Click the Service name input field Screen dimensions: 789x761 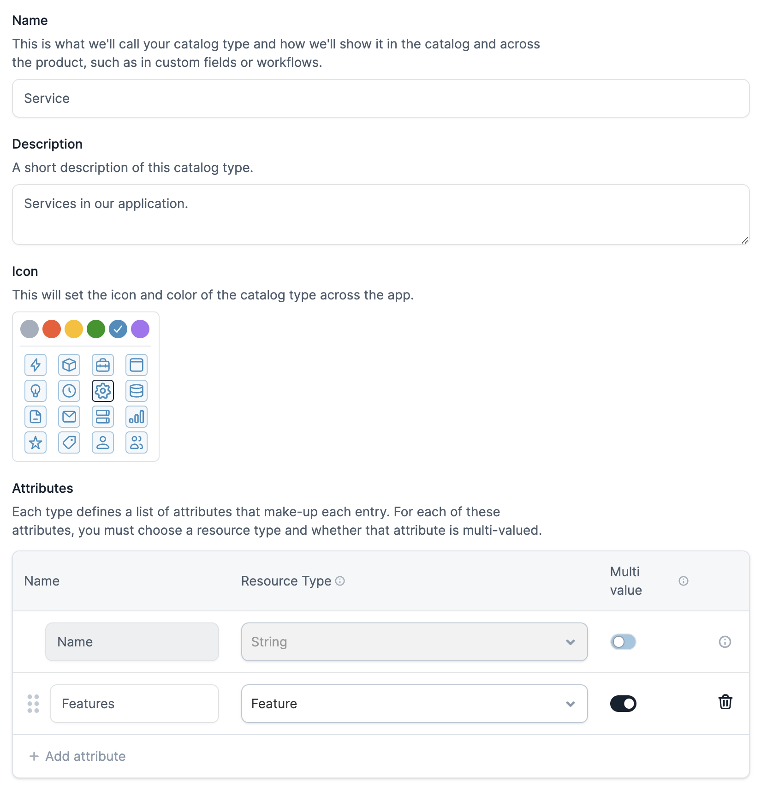pyautogui.click(x=380, y=98)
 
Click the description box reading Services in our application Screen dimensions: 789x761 pyautogui.click(x=380, y=214)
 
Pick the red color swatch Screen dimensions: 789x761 pyautogui.click(x=52, y=329)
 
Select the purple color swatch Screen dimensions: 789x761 pyautogui.click(x=140, y=329)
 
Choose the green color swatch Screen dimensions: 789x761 pyautogui.click(x=96, y=329)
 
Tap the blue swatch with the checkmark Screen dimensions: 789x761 pyautogui.click(x=118, y=329)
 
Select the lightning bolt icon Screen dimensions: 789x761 pyautogui.click(x=36, y=365)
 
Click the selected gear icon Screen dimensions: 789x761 pyautogui.click(x=103, y=391)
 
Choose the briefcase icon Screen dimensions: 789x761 pyautogui.click(x=103, y=365)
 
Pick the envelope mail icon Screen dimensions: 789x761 pyautogui.click(x=69, y=417)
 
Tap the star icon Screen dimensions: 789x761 pyautogui.click(x=36, y=442)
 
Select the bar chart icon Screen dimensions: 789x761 pyautogui.click(x=137, y=417)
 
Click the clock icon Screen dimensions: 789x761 pyautogui.click(x=69, y=391)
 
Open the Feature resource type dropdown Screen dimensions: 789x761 pyautogui.click(x=414, y=704)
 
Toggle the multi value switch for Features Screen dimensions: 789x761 pyautogui.click(x=623, y=704)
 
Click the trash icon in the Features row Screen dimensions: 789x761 pyautogui.click(x=725, y=702)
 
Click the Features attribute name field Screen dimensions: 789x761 pyautogui.click(x=134, y=704)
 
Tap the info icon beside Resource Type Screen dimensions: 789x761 pyautogui.click(x=340, y=581)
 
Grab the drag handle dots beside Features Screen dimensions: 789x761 pyautogui.click(x=33, y=704)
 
